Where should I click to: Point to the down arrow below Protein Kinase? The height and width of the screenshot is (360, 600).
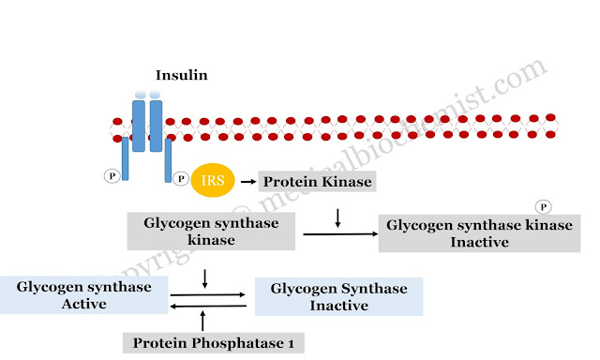click(x=337, y=218)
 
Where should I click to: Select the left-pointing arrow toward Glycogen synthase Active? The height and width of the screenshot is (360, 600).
click(x=208, y=305)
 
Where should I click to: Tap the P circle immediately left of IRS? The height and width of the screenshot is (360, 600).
click(x=180, y=175)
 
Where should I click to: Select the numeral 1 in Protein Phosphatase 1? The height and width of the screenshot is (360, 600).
click(x=291, y=343)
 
